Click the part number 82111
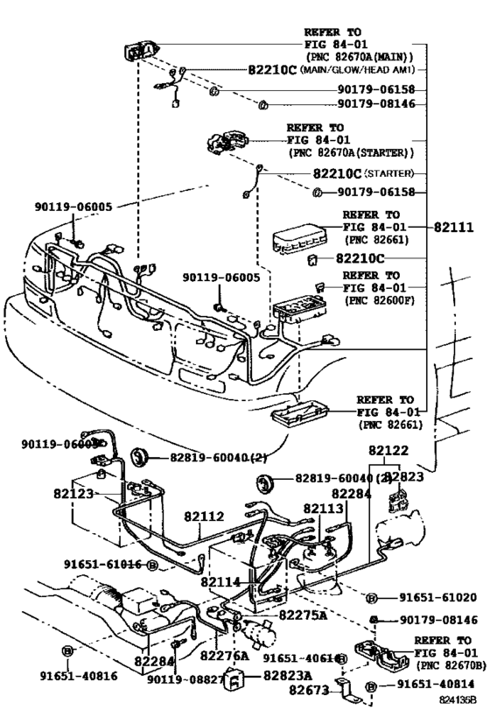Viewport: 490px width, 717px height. pyautogui.click(x=453, y=227)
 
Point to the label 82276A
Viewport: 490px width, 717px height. pyautogui.click(x=224, y=655)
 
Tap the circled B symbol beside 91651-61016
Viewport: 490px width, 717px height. pyautogui.click(x=151, y=566)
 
